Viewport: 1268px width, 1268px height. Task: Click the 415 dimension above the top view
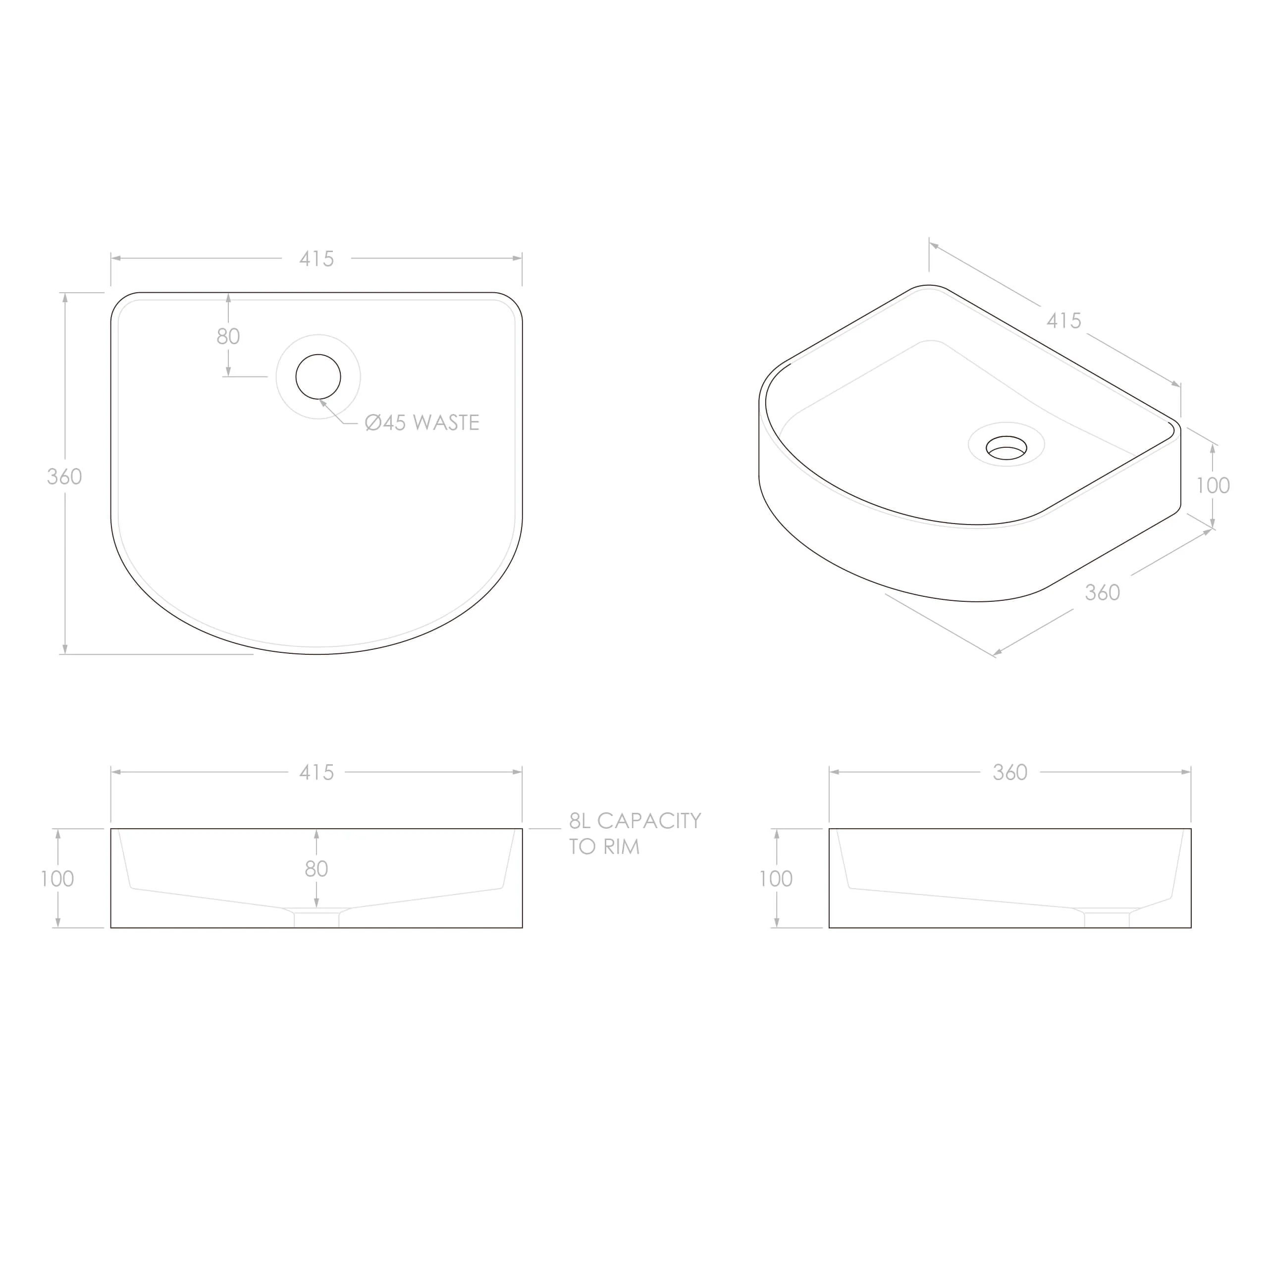(317, 259)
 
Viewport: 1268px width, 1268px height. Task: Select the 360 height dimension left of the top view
(64, 476)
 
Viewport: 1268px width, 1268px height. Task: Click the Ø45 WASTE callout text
(422, 423)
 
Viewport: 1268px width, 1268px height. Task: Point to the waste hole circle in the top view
(318, 355)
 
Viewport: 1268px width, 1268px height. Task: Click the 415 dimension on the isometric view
(1064, 321)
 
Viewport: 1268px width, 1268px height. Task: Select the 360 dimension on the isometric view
(1103, 593)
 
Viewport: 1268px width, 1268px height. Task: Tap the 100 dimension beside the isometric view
(1213, 486)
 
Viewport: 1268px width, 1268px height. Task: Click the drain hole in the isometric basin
(1006, 448)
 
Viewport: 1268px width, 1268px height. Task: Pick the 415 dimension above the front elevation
(317, 773)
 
